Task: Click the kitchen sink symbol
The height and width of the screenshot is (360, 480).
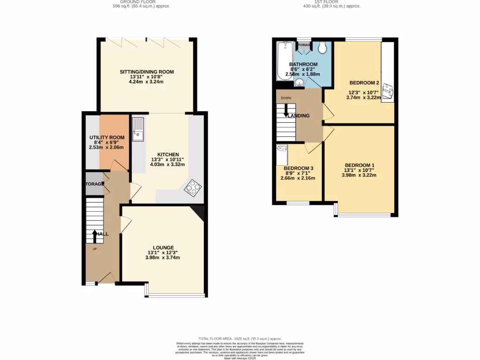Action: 139,129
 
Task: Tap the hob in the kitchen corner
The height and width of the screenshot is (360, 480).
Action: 193,188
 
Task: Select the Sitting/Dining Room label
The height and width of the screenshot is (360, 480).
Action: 147,72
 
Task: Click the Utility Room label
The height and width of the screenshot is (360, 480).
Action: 107,137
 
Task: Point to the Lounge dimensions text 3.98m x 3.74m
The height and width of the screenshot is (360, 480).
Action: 163,257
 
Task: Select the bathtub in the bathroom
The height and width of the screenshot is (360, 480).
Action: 285,61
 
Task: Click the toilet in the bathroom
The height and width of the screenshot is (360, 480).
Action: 322,47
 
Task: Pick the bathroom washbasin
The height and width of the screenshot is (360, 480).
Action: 300,83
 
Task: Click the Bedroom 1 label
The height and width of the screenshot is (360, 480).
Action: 360,165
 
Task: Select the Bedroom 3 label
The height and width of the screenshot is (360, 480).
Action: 298,168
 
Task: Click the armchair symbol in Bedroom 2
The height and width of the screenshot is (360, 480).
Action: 388,91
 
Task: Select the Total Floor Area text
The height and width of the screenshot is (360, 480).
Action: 240,338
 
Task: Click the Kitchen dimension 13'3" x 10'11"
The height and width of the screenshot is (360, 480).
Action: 167,159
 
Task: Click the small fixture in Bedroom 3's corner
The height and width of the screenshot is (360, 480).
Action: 282,150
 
